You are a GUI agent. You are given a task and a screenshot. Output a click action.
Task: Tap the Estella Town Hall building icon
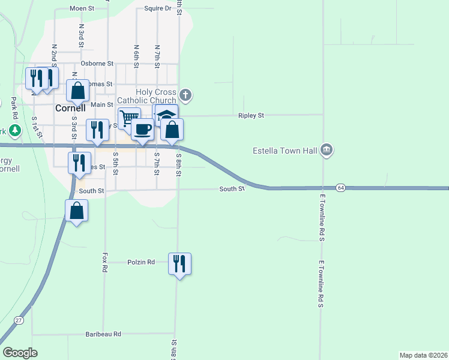pos(326,149)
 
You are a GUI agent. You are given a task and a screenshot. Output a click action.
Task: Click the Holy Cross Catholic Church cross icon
pos(185,95)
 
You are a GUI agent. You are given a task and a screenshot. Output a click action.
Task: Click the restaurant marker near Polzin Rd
pos(179,264)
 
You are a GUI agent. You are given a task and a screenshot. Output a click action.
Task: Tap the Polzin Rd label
pos(142,262)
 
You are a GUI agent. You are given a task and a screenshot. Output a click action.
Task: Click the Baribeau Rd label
pos(103,334)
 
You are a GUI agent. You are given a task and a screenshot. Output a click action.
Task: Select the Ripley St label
pos(251,115)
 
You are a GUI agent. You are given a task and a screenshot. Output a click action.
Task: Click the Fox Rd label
pos(104,262)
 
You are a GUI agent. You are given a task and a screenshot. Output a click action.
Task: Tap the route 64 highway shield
pos(340,188)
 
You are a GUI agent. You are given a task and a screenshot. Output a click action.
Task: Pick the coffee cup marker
pos(142,130)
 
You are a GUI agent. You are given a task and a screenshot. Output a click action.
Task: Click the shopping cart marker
pos(128,118)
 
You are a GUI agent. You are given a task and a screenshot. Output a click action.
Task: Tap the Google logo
pos(20,353)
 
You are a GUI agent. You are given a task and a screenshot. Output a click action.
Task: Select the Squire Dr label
pos(158,9)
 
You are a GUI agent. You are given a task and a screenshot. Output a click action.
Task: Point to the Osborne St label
pos(97,63)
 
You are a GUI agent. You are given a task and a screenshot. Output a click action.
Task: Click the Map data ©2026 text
pos(423,355)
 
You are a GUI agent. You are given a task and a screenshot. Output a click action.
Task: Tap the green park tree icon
pos(14,130)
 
